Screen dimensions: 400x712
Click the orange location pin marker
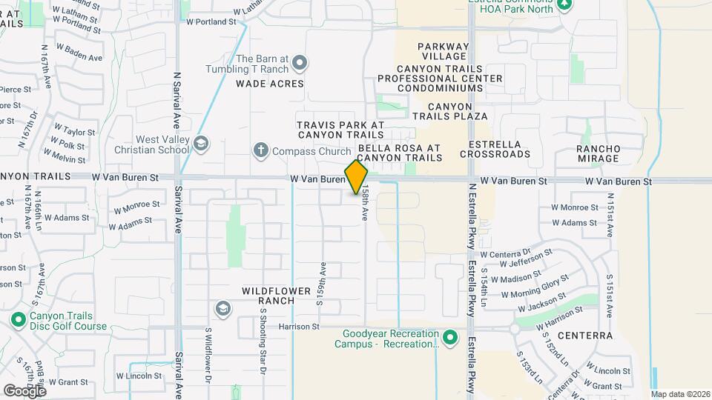pyautogui.click(x=356, y=177)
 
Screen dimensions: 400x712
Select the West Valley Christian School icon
pyautogui.click(x=201, y=143)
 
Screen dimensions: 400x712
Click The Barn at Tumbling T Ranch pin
pyautogui.click(x=299, y=63)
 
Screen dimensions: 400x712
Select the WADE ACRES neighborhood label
pyautogui.click(x=270, y=84)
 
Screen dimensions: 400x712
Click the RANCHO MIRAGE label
pyautogui.click(x=599, y=153)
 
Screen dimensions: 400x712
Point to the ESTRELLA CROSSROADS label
pyautogui.click(x=495, y=149)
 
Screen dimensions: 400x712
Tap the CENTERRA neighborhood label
pyautogui.click(x=585, y=336)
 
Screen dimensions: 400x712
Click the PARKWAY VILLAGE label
pyautogui.click(x=445, y=51)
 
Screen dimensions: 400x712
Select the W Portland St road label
pyautogui.click(x=211, y=22)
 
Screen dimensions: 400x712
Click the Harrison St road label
pyautogui.click(x=299, y=326)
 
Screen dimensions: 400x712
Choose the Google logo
pyautogui.click(x=24, y=390)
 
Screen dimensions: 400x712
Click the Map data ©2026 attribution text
pyautogui.click(x=680, y=394)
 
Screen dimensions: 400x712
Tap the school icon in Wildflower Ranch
pyautogui.click(x=222, y=308)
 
